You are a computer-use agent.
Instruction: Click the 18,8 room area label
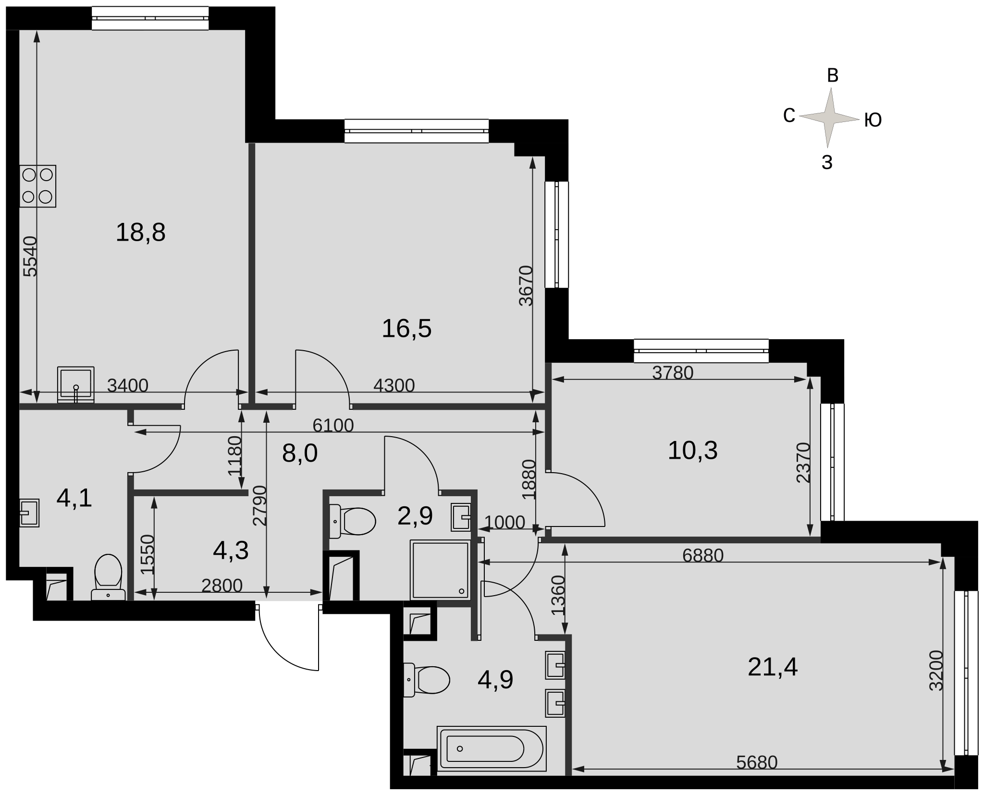click(140, 232)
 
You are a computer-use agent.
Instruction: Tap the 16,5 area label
click(406, 329)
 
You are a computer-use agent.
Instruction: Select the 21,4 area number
click(773, 667)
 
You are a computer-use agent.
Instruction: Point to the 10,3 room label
click(693, 451)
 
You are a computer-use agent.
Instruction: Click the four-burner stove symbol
click(37, 186)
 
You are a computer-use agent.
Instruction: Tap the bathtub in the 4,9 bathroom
click(492, 749)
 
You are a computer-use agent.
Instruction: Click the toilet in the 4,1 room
click(108, 577)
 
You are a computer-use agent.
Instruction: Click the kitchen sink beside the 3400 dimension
click(76, 384)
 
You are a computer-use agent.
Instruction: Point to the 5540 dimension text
click(30, 257)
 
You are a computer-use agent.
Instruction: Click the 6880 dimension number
click(703, 555)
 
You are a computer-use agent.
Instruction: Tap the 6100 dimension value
click(333, 425)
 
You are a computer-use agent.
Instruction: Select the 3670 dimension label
click(526, 285)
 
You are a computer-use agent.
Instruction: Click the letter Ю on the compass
click(873, 120)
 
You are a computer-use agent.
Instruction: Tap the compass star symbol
click(829, 118)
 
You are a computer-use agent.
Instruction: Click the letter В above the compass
click(833, 75)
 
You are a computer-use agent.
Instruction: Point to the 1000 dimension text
click(504, 522)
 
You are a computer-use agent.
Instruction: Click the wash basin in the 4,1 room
click(29, 513)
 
